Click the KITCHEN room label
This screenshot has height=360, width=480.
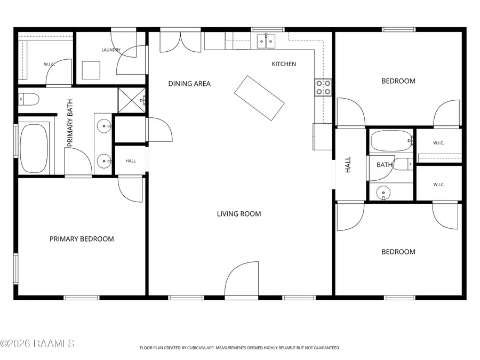coord(284,64)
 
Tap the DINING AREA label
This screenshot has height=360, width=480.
coord(189,84)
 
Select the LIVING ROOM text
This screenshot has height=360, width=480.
coord(239,214)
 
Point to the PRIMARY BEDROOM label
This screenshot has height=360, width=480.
coord(82,239)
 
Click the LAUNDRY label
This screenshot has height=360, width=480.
coord(111,50)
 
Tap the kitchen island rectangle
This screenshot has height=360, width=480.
coord(259,98)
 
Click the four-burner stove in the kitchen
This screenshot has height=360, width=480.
coord(323,87)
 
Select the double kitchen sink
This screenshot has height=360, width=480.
coord(266,41)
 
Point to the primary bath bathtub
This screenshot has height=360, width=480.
coord(34,148)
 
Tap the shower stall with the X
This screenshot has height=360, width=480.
coord(132,100)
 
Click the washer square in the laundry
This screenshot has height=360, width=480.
coord(91,70)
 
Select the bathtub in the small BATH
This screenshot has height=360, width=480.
coord(391,141)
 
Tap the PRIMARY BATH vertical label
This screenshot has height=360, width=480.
coord(70,123)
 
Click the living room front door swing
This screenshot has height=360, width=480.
coord(242,278)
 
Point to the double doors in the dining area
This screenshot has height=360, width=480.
coord(181,42)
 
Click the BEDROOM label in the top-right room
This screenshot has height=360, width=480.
coord(398,81)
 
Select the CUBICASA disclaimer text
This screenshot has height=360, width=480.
coord(239,348)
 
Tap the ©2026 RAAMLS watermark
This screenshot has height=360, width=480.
coord(37,343)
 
